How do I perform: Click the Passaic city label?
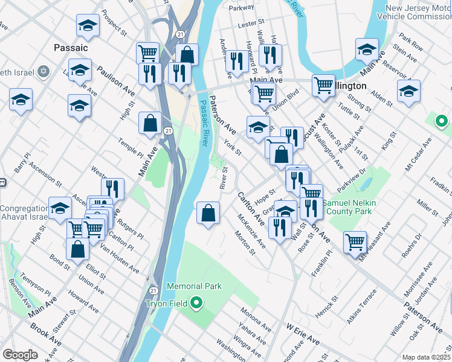(x=71, y=47)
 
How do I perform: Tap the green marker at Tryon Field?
(x=196, y=302)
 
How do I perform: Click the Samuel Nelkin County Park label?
(x=350, y=207)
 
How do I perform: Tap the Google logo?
(x=20, y=354)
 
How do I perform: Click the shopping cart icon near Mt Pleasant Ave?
(x=355, y=241)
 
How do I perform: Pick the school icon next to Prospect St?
(x=88, y=26)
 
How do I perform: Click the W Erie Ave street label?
(x=303, y=334)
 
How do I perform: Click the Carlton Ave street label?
(x=250, y=206)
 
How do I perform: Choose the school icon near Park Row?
(x=367, y=50)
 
